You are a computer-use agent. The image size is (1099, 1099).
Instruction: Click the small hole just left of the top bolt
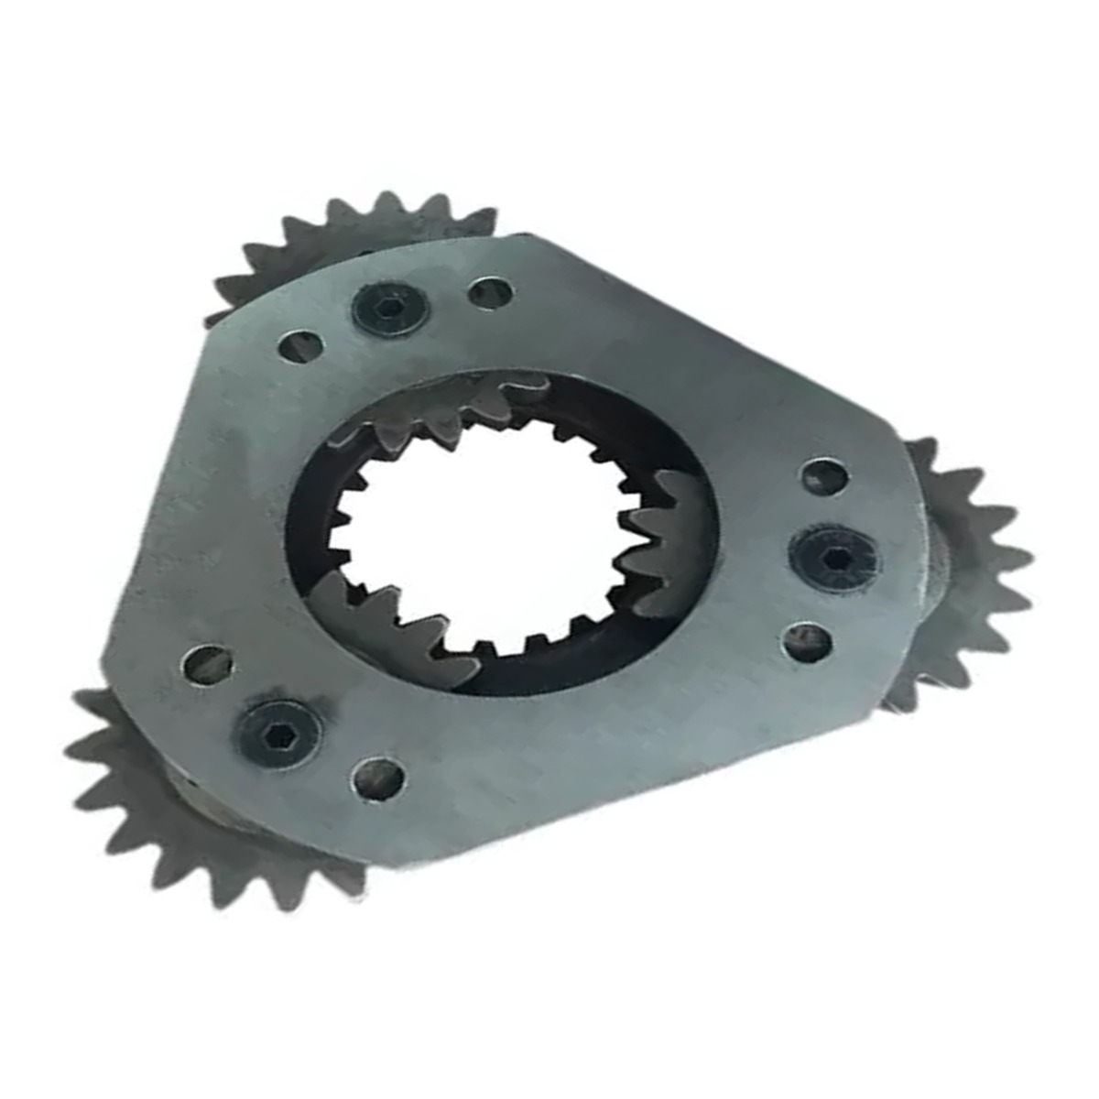(300, 347)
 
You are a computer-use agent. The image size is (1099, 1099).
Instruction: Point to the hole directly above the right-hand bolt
(823, 476)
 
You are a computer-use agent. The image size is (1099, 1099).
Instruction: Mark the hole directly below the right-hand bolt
(807, 641)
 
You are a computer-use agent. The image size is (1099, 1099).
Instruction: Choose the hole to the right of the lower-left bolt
(378, 778)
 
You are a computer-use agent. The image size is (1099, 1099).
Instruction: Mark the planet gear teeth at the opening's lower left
(385, 623)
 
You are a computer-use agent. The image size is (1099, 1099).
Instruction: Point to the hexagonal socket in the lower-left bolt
(277, 729)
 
